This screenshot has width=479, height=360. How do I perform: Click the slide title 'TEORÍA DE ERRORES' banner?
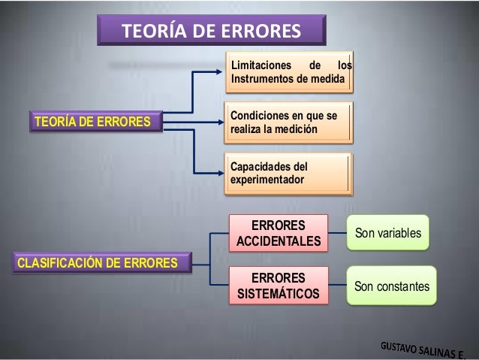(x=211, y=32)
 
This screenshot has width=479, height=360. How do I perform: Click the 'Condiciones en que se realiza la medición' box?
(x=289, y=123)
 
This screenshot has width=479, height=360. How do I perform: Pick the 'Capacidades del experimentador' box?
(x=289, y=174)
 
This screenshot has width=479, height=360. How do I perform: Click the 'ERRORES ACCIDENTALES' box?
(x=279, y=234)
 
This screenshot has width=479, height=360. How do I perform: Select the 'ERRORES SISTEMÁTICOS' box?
(x=279, y=285)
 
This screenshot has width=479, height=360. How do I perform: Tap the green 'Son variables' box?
(x=389, y=234)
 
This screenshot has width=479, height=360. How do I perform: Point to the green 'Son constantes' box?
(x=392, y=286)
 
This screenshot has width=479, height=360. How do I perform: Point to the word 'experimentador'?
(x=267, y=181)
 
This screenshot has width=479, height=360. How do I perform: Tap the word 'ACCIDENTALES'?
(x=279, y=242)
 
